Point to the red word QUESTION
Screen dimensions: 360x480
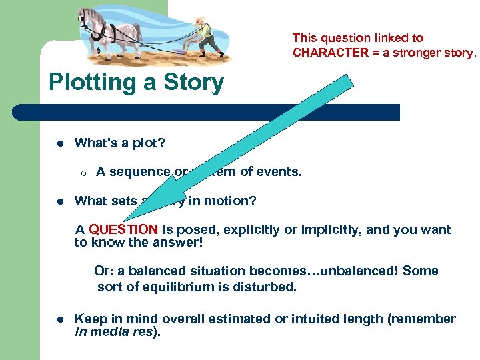pyautogui.click(x=123, y=229)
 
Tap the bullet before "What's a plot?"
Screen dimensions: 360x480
pyautogui.click(x=59, y=143)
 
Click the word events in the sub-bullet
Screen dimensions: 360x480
pyautogui.click(x=280, y=171)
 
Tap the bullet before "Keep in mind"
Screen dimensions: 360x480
pyautogui.click(x=59, y=319)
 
